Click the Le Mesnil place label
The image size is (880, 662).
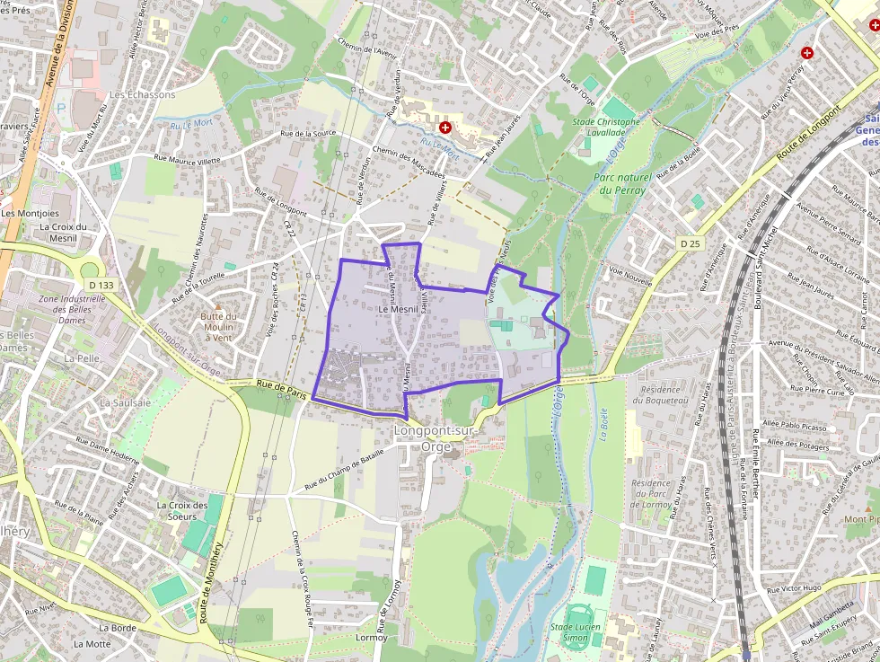(396, 309)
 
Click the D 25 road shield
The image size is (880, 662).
(690, 243)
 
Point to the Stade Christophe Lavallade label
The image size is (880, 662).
(606, 127)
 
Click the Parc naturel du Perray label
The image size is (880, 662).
(620, 183)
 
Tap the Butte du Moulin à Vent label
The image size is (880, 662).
(217, 326)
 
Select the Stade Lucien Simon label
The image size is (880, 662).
(575, 631)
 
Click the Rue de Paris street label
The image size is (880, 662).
(276, 385)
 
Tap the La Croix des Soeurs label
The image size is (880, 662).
(176, 510)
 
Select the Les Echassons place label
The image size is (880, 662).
(142, 94)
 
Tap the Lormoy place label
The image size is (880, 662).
(372, 638)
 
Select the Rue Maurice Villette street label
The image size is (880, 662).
(187, 160)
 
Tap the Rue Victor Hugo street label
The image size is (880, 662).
(795, 588)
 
